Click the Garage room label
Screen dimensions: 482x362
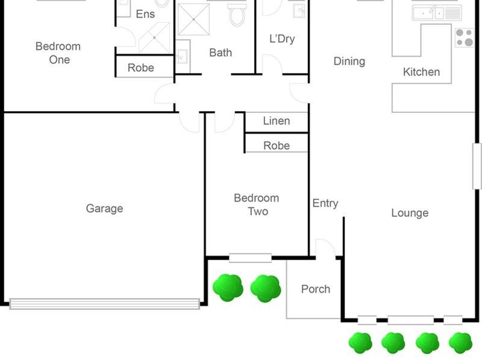(x=104, y=208)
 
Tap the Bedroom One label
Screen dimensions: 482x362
(x=58, y=53)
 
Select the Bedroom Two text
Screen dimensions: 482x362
(x=257, y=205)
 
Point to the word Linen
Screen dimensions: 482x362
(x=277, y=121)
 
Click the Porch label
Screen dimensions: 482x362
(x=316, y=289)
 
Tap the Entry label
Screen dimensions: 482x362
(x=325, y=203)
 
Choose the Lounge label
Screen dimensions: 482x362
(x=410, y=213)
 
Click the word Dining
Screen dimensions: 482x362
(x=349, y=62)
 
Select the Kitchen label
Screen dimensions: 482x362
(x=421, y=72)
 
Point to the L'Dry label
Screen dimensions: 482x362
(x=282, y=39)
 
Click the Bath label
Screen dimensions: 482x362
(x=221, y=52)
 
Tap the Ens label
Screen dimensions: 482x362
(x=145, y=14)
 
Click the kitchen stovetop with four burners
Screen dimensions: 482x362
(x=465, y=37)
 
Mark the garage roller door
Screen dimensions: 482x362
(x=104, y=304)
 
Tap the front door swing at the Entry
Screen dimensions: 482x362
(x=325, y=249)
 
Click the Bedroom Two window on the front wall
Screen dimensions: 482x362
(x=250, y=258)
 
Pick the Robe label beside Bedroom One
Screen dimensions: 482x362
(x=141, y=68)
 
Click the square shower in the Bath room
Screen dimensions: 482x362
(x=193, y=19)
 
